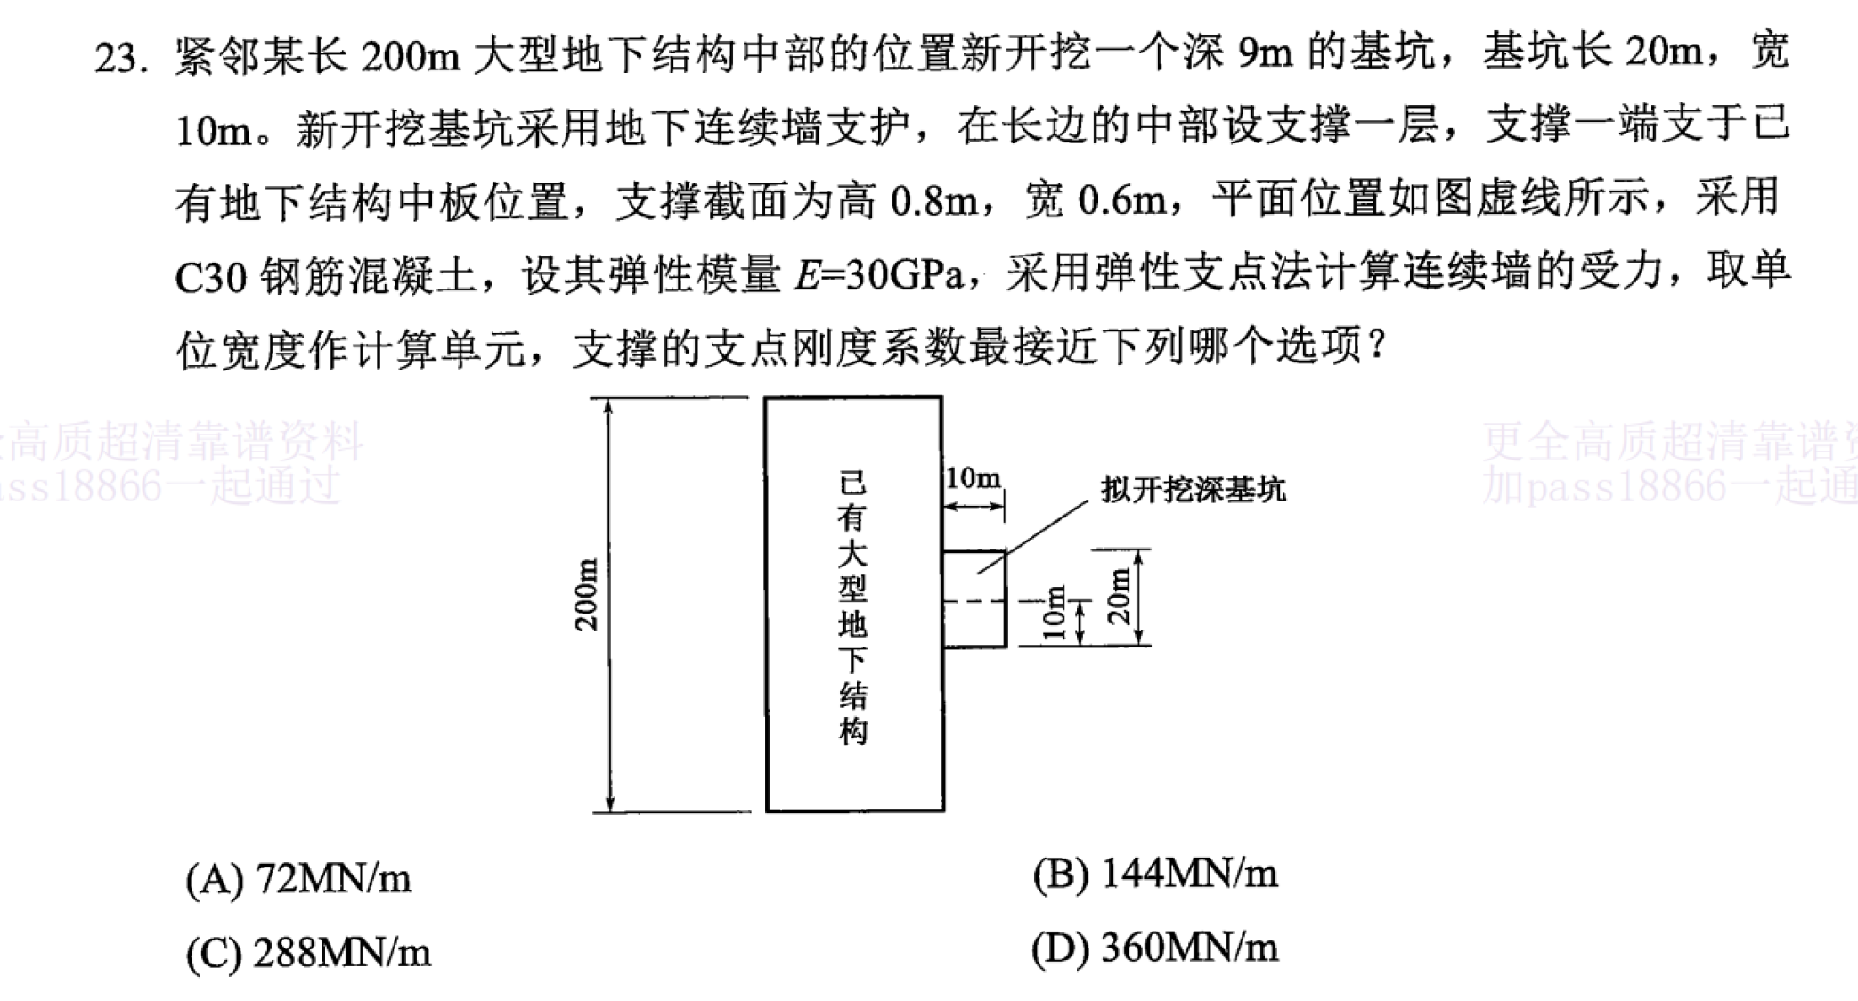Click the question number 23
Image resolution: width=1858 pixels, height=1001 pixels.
121,58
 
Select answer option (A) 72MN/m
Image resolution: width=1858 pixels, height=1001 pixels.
298,879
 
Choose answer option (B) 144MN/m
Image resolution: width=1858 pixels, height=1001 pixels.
1155,874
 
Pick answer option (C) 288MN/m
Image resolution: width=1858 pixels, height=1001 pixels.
308,953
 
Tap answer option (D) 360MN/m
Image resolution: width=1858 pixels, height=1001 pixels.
1155,948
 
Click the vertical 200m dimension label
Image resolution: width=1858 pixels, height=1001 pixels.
586,595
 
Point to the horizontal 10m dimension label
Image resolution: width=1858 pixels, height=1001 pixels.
973,478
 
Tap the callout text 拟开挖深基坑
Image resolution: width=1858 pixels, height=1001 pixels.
1193,489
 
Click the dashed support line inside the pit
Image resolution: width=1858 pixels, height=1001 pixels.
974,602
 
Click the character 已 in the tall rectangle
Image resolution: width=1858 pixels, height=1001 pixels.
852,483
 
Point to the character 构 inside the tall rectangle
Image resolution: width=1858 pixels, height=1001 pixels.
852,730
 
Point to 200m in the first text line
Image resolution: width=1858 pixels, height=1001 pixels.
410,56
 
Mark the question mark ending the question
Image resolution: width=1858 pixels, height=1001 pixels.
1377,346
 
